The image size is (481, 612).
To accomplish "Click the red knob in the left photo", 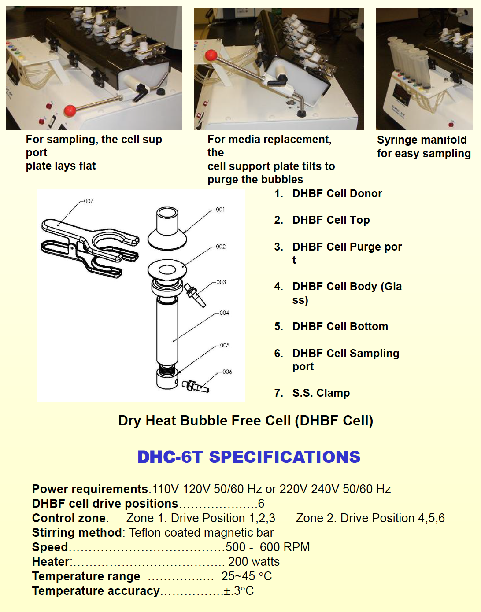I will pyautogui.click(x=70, y=111).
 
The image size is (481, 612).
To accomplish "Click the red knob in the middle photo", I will pyautogui.click(x=211, y=55).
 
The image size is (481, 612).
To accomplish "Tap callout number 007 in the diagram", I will pyautogui.click(x=89, y=201).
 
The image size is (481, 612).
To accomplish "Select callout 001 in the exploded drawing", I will pyautogui.click(x=220, y=210).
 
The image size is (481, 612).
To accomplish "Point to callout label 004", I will pyautogui.click(x=224, y=313).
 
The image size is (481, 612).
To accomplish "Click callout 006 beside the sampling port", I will pyautogui.click(x=227, y=372).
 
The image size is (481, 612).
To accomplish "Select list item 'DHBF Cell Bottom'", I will pyautogui.click(x=340, y=327).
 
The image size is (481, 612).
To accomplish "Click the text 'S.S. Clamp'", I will pyautogui.click(x=321, y=393).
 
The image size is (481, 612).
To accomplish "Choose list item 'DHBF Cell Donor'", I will pyautogui.click(x=337, y=194).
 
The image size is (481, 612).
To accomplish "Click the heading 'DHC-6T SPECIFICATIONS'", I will pyautogui.click(x=248, y=457).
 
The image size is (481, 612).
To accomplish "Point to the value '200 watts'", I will pyautogui.click(x=254, y=562).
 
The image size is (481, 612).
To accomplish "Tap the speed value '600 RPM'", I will pyautogui.click(x=285, y=547).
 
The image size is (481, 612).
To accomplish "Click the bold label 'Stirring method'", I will pyautogui.click(x=77, y=533).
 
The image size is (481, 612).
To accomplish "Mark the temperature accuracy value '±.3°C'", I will pyautogui.click(x=238, y=591).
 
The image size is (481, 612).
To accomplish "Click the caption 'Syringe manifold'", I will pyautogui.click(x=422, y=140).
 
